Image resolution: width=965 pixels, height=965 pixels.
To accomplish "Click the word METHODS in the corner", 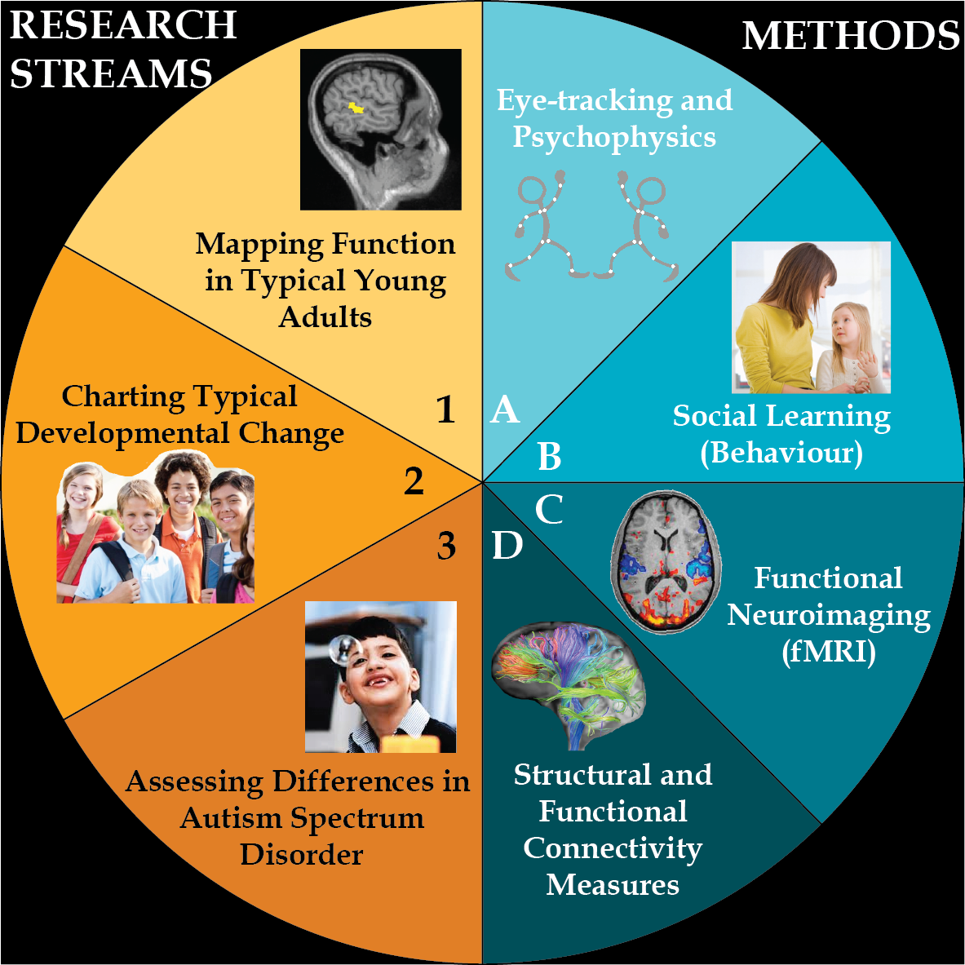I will [x=851, y=36].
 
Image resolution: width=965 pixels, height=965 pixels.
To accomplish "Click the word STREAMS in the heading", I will [x=111, y=74].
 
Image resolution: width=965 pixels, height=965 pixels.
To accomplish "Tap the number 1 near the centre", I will [x=445, y=409].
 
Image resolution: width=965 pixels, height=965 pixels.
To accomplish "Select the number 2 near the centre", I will [x=414, y=481].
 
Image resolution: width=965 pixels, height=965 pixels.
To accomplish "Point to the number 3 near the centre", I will [x=446, y=546].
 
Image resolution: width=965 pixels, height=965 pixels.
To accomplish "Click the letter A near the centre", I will [x=505, y=409].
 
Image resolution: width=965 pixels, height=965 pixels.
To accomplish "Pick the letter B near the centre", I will [x=549, y=457].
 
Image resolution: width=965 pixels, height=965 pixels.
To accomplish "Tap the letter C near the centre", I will [x=549, y=510].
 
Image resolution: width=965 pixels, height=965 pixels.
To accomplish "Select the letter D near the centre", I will [x=507, y=546].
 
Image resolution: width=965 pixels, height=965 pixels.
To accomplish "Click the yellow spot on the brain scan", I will [x=356, y=108].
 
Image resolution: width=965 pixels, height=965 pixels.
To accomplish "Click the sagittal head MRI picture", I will [x=381, y=130].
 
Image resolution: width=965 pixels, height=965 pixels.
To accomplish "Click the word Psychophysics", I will [x=614, y=137].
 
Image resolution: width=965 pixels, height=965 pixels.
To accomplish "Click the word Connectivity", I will [x=613, y=848].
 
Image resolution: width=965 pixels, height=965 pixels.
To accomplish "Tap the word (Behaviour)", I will [x=781, y=452].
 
